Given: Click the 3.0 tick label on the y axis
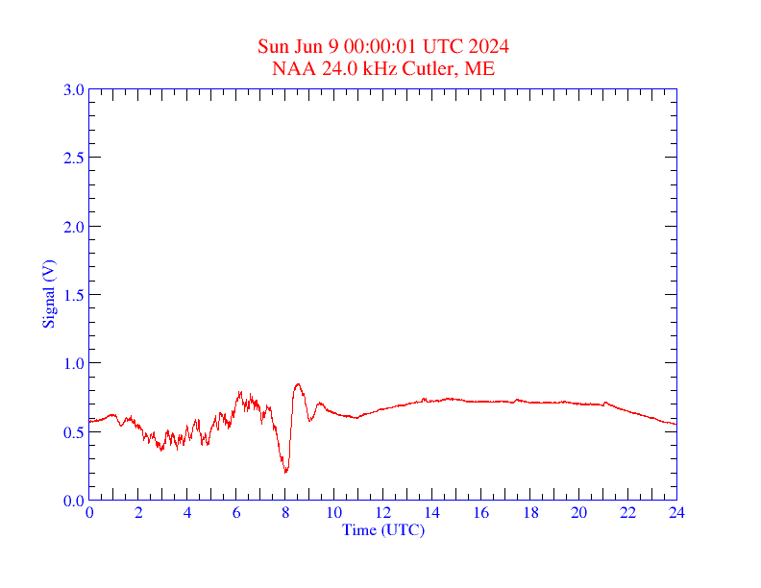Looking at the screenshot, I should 73,89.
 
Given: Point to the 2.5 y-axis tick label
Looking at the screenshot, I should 73,158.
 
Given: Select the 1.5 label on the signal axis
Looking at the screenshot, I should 73,295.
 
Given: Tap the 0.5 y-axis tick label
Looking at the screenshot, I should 73,432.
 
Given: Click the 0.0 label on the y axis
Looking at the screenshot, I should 73,501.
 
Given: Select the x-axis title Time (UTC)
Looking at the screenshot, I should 382,529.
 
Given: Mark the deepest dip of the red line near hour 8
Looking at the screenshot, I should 285,472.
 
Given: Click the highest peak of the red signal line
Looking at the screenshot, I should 298,384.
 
